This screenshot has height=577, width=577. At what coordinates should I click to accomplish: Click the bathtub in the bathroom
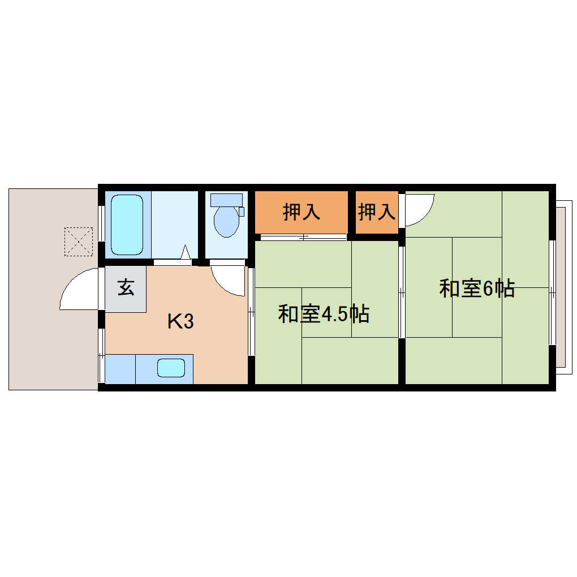coord(127,225)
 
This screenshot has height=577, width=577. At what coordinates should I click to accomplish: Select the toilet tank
coord(226,200)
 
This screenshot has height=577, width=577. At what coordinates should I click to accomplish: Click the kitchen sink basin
coord(171,368)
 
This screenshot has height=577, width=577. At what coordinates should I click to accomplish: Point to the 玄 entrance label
coord(126,288)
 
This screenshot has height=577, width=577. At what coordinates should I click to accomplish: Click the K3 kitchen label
coord(180,322)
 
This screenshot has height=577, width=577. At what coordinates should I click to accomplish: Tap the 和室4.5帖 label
coord(324,314)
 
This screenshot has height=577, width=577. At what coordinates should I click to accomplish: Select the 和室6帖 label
coord(476,288)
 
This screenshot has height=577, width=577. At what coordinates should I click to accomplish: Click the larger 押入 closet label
coord(302,212)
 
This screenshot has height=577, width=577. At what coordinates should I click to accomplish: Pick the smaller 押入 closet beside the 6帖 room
coord(376,212)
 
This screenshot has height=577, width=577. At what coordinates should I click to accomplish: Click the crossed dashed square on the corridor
coord(78,241)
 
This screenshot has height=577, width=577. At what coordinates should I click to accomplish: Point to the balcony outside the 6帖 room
coord(561,288)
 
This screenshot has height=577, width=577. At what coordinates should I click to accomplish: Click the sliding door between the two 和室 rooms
coord(402,292)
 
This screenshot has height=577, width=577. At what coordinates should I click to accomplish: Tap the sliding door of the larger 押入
coord(301,236)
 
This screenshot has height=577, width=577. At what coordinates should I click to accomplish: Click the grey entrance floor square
coord(126,288)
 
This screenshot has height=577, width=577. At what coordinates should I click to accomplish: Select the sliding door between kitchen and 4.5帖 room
coord(251,311)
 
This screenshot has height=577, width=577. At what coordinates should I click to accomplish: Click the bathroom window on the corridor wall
coord(101,223)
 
